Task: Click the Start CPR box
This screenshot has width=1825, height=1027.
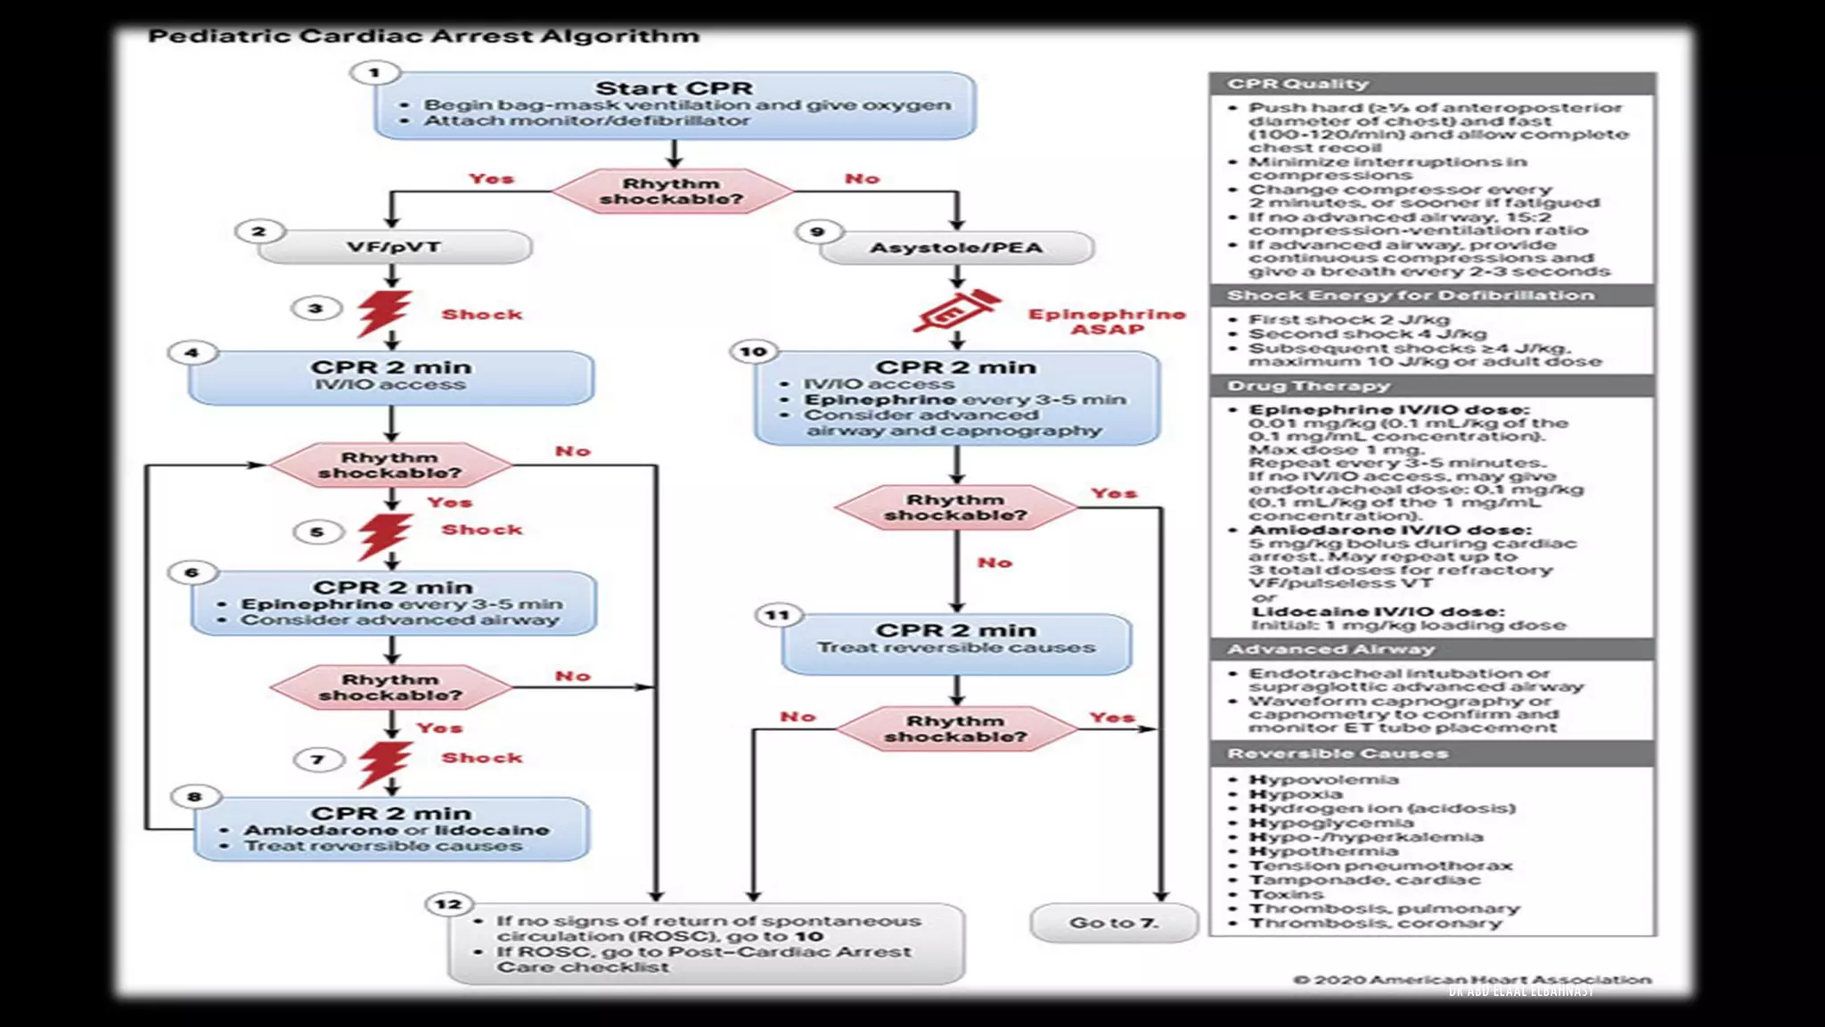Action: (675, 105)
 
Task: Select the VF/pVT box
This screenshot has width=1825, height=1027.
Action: (394, 247)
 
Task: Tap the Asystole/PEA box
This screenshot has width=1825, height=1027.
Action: (956, 248)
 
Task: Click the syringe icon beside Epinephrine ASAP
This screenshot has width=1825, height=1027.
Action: (956, 312)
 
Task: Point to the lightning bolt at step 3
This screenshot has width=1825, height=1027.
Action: (384, 313)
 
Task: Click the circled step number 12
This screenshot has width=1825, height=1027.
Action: (448, 904)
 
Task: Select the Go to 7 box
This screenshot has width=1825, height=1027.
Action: (1114, 924)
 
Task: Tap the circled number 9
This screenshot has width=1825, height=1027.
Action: (817, 232)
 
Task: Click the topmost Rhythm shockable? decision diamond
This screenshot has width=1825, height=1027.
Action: (672, 191)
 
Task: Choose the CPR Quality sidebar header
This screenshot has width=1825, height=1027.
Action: (1432, 84)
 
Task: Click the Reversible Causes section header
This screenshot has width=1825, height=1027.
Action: (1432, 753)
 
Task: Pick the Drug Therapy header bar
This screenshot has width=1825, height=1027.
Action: (1432, 386)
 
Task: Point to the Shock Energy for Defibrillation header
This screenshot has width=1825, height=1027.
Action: (1432, 295)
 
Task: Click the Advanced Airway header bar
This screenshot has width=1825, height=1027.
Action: (1432, 649)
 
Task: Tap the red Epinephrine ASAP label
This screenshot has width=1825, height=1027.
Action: (1107, 321)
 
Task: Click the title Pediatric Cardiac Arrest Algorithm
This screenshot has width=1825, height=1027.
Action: (423, 37)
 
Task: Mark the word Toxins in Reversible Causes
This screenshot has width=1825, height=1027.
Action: (1286, 894)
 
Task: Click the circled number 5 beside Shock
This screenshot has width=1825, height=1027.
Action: (317, 532)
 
